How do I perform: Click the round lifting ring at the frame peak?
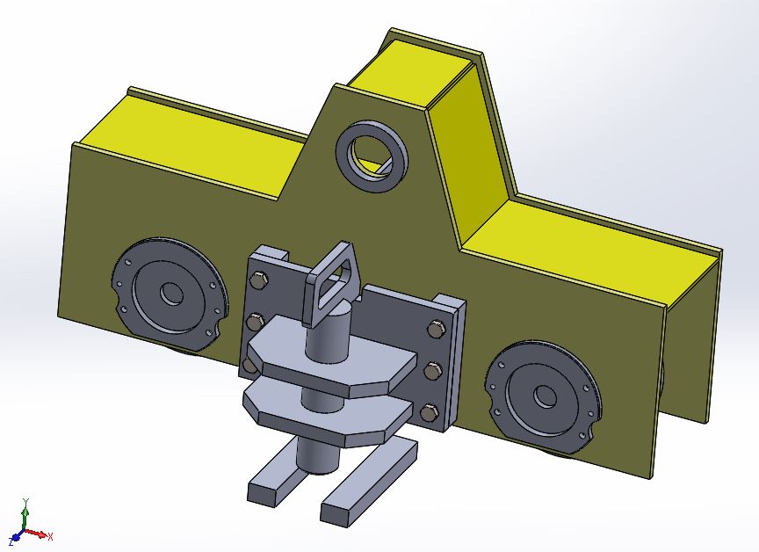[x=373, y=154]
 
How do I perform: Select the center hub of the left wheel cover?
[x=169, y=294]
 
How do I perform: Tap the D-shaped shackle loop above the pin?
[x=332, y=282]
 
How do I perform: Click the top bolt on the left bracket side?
[x=257, y=281]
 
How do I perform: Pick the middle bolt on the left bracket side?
[x=255, y=320]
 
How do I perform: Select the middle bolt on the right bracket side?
[x=431, y=371]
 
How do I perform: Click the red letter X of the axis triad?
[x=52, y=536]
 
